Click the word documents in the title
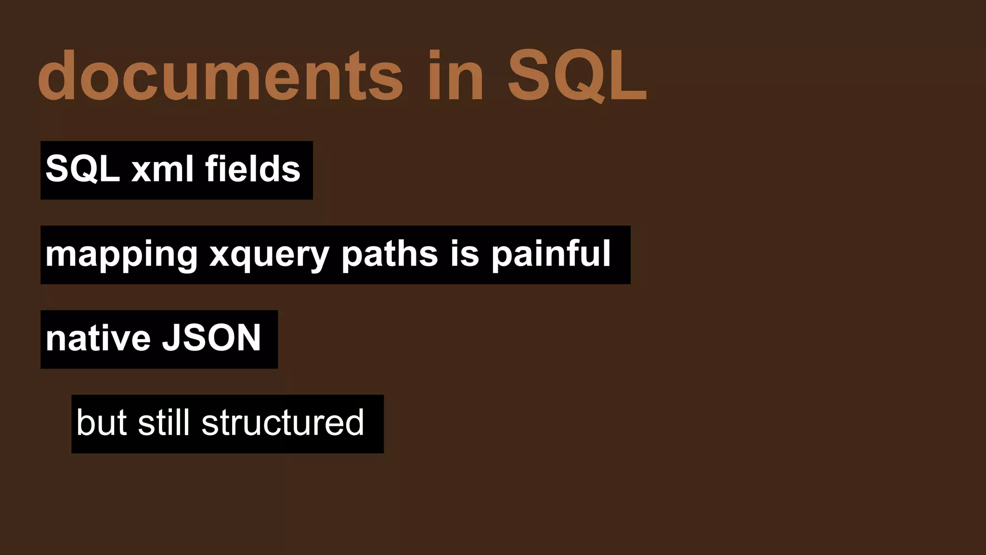point(221,76)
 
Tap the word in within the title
point(455,76)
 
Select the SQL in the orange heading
point(577,76)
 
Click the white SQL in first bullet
point(82,169)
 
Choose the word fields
point(253,169)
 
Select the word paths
point(389,253)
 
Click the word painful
point(551,253)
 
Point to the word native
point(98,338)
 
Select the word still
point(163,423)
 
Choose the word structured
point(283,423)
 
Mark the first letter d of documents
point(57,76)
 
